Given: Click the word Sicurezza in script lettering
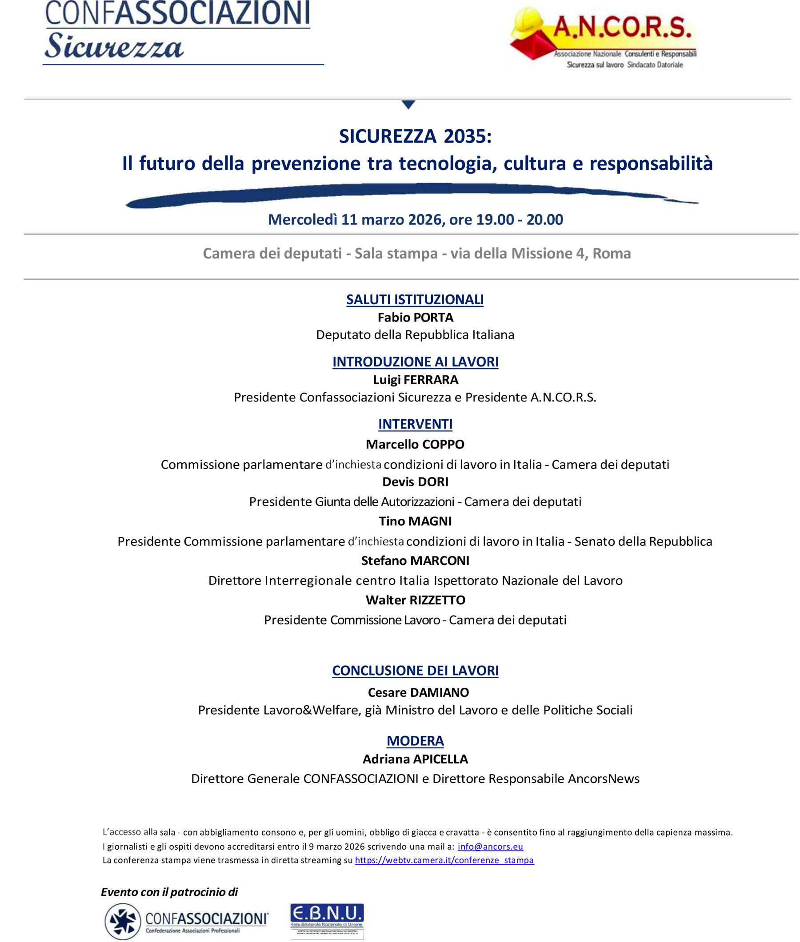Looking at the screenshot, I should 113,47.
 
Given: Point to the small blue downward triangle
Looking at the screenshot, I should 408,105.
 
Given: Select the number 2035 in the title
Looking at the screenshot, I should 467,136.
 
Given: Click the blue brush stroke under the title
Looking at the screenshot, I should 408,194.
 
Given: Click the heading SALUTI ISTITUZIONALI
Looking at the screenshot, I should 415,299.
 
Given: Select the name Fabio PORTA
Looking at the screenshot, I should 416,318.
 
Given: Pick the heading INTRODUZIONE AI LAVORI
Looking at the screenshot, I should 416,362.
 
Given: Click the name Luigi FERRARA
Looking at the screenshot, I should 416,380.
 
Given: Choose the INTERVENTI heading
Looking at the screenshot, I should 416,424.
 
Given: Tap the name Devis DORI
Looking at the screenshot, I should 416,481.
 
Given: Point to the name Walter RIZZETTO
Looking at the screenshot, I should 416,600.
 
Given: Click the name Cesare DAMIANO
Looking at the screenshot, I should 418,692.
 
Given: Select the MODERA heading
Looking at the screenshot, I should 416,741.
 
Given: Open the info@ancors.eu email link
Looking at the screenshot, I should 490,847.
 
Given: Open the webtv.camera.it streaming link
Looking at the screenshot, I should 444,860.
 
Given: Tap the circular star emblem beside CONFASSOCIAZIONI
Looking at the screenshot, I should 123,921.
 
